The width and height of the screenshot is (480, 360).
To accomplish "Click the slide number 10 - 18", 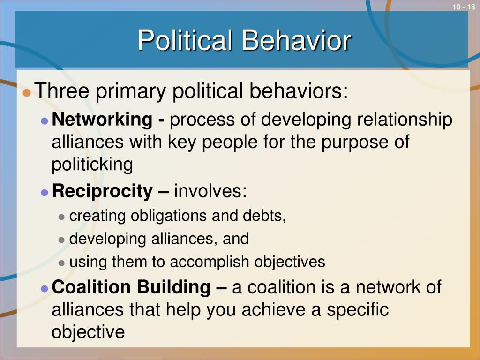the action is coord(464,7).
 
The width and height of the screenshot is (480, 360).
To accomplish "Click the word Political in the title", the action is coord(185,40).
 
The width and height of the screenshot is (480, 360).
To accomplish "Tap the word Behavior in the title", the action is coord(296,40).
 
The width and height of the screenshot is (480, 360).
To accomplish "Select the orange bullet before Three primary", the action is coord(27,92).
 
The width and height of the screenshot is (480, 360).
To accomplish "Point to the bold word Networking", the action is coord(102,120).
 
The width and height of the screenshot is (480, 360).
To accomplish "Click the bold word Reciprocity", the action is coord(102,191).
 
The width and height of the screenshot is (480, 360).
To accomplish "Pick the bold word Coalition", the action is coord(91,287).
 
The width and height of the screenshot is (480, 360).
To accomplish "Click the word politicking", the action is coord(92,165).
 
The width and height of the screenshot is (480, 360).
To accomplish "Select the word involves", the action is coord(210,191).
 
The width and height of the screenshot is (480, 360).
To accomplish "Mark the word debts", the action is coord(264,216).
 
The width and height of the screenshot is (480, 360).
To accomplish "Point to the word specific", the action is coord(358,310).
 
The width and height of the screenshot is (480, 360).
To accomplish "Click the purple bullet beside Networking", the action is coord(45,120).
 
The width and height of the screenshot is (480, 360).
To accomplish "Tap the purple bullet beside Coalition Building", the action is coord(45,288).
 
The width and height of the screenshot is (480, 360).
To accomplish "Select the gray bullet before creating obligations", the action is coord(61,217).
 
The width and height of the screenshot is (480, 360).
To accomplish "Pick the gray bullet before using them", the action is coord(61,263).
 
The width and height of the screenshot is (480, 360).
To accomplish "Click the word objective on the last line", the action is coord(88,332).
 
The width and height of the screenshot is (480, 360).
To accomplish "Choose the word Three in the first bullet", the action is coord(62,90).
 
